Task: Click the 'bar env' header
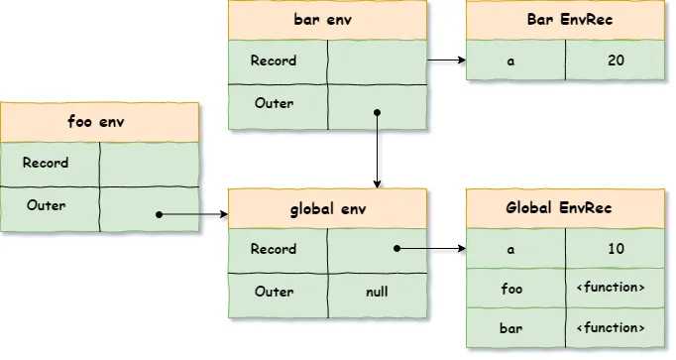coord(327,20)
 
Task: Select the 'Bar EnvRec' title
coord(565,20)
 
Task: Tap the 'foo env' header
coord(99,122)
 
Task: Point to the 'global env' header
coord(327,209)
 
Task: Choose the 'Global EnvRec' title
coord(565,209)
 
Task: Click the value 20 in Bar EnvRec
coord(616,60)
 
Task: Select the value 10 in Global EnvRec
coord(616,249)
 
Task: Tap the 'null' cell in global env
coord(377,293)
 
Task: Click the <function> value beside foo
coord(616,289)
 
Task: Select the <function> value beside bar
coord(616,327)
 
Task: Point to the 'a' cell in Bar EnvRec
coord(510,60)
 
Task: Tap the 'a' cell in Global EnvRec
coord(510,249)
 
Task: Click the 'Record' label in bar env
coord(274,60)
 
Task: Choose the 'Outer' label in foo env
coord(46,205)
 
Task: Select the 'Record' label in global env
coord(274,249)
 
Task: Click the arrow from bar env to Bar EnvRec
coord(446,60)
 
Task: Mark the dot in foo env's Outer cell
coord(159,213)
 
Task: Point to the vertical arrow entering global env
coord(377,149)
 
